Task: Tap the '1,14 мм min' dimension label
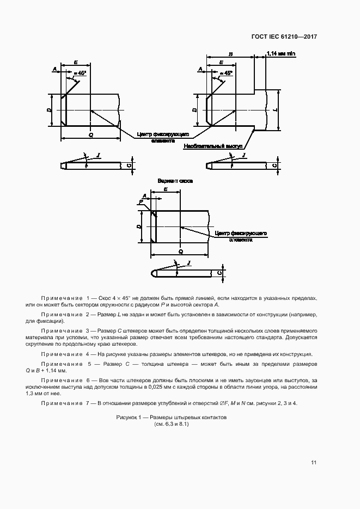[280, 53]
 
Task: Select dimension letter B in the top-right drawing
[231, 54]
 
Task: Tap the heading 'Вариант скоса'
[176, 180]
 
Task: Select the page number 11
[314, 463]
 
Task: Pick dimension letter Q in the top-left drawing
[90, 133]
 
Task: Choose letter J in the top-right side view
[243, 156]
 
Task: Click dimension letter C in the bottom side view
[219, 273]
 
